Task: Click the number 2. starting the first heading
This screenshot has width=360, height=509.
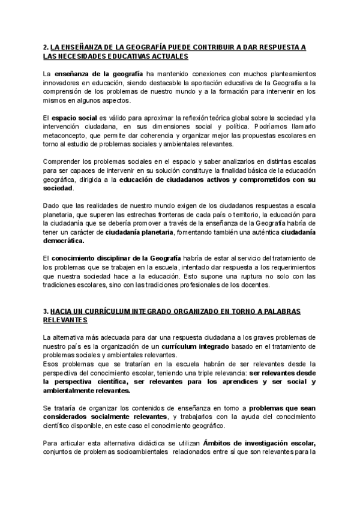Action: [x=46, y=47]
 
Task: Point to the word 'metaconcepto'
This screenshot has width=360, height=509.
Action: [x=64, y=136]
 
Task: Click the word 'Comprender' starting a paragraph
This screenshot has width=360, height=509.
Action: [x=61, y=162]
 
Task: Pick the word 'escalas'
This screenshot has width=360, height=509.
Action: [x=304, y=162]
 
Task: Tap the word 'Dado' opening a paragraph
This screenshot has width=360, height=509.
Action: [x=52, y=205]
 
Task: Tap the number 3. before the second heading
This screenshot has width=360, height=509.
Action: [x=46, y=312]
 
